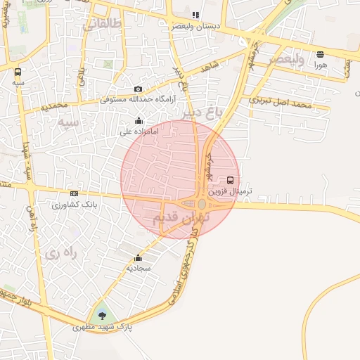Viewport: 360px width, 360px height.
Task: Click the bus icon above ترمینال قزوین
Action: [231, 181]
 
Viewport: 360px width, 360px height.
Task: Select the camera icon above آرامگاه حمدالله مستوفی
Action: [138, 89]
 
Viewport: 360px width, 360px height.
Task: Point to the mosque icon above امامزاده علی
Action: [138, 120]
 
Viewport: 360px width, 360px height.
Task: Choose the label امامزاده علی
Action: [136, 131]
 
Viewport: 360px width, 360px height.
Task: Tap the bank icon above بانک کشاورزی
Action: [74, 194]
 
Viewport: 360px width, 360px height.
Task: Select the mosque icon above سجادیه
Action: [138, 258]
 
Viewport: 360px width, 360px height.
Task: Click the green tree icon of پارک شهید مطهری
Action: [103, 314]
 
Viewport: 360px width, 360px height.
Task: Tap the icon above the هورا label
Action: [321, 54]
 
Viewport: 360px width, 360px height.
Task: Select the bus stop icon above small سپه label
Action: [18, 71]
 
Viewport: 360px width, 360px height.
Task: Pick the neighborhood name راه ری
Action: [60, 252]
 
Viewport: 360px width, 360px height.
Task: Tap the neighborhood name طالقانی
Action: [102, 25]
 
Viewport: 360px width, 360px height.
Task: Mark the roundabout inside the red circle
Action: [202, 204]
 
